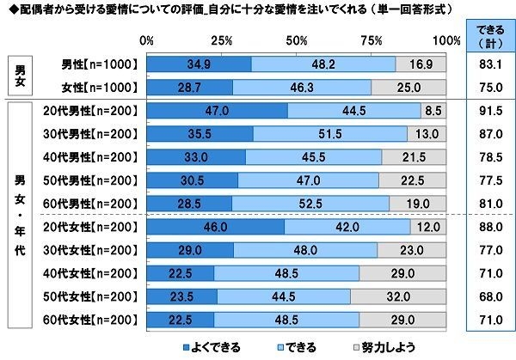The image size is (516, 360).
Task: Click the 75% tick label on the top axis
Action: pyautogui.click(x=372, y=40)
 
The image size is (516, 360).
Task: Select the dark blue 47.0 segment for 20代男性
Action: pyautogui.click(x=217, y=110)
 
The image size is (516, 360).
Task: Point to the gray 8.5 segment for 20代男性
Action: pyautogui.click(x=433, y=110)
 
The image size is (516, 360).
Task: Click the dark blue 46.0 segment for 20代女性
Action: pyautogui.click(x=215, y=228)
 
